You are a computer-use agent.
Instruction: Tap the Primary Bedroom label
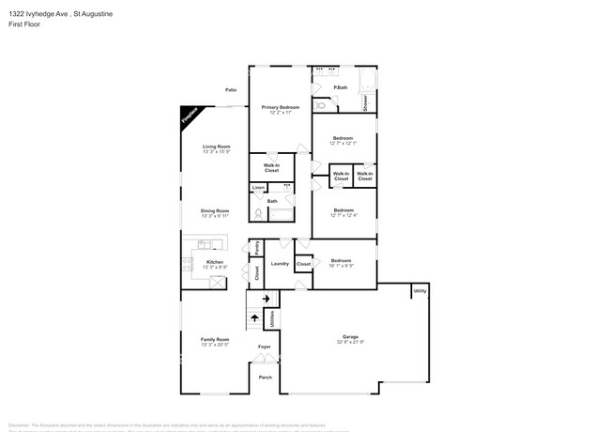click(x=280, y=107)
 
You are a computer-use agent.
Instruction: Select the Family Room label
click(x=215, y=339)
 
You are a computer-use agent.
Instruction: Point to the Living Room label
click(x=217, y=147)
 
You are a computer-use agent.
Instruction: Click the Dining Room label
click(x=215, y=210)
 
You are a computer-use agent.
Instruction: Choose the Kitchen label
click(x=215, y=261)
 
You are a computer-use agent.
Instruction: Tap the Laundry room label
click(x=280, y=264)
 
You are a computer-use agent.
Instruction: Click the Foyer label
click(x=265, y=347)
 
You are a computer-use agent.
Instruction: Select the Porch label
click(x=265, y=378)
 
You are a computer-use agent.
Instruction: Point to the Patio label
click(x=230, y=90)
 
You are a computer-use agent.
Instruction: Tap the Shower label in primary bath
click(x=366, y=102)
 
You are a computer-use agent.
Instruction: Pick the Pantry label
click(x=257, y=248)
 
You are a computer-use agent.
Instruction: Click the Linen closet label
click(x=258, y=188)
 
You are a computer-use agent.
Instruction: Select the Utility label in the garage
click(x=419, y=291)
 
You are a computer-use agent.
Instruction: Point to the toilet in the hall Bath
click(x=257, y=214)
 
